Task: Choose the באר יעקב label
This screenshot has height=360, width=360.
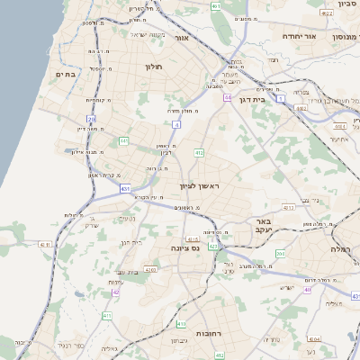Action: (x=263, y=225)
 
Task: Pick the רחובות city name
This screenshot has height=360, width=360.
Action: (x=208, y=333)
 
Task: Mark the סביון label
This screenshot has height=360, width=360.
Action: (x=348, y=5)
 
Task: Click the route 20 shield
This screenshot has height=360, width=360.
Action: (x=91, y=118)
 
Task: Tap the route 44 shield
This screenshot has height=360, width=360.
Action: (x=229, y=96)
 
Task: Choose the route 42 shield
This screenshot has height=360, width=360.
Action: (x=115, y=292)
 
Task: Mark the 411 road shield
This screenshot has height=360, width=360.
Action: (x=106, y=316)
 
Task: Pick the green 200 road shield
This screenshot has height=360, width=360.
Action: (x=280, y=254)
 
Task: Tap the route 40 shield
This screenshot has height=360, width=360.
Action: (x=308, y=289)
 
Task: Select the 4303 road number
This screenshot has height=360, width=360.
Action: (x=150, y=269)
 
